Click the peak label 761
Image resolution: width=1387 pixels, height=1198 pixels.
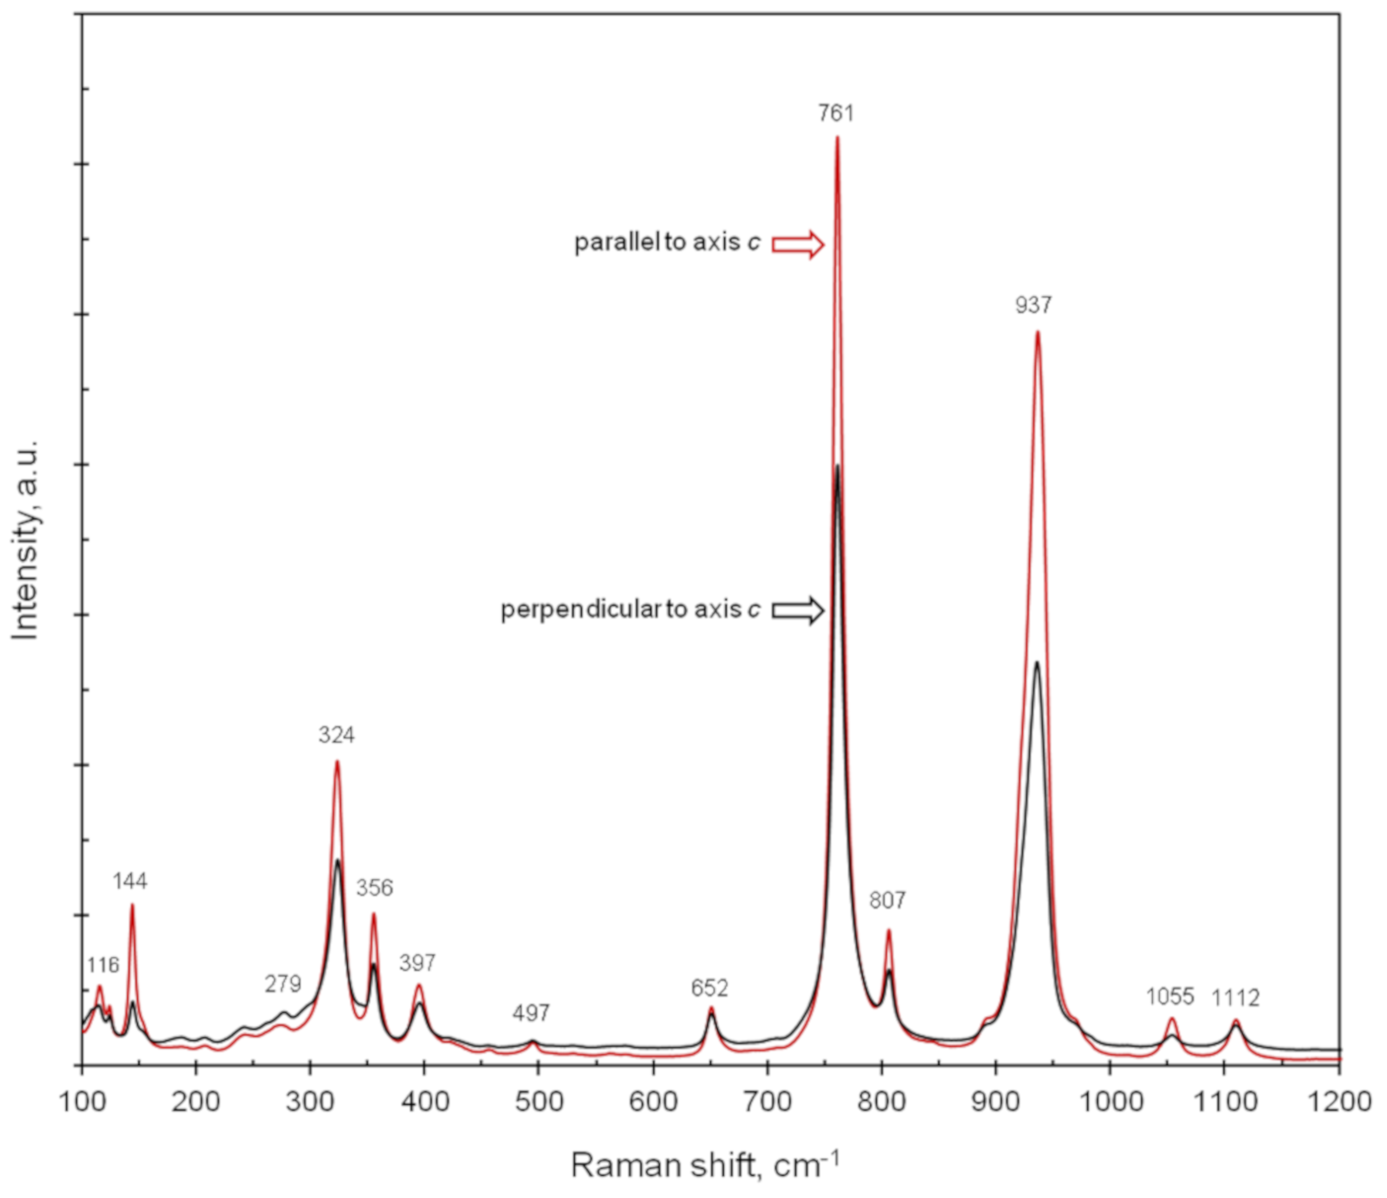pyautogui.click(x=836, y=113)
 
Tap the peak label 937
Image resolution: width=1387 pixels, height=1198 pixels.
pyautogui.click(x=1033, y=305)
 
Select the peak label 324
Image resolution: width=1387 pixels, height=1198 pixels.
pyautogui.click(x=336, y=735)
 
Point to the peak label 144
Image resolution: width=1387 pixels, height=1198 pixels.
pyautogui.click(x=130, y=882)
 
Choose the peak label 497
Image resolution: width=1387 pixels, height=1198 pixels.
pyautogui.click(x=532, y=1013)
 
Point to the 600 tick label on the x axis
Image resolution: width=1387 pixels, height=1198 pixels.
pyautogui.click(x=653, y=1101)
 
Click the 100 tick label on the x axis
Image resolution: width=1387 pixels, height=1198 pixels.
pyautogui.click(x=82, y=1101)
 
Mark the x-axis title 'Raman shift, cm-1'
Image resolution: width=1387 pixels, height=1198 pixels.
pyautogui.click(x=705, y=1165)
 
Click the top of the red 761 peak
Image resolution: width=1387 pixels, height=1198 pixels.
pyautogui.click(x=837, y=138)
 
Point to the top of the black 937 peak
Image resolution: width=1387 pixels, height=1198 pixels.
pyautogui.click(x=1037, y=663)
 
